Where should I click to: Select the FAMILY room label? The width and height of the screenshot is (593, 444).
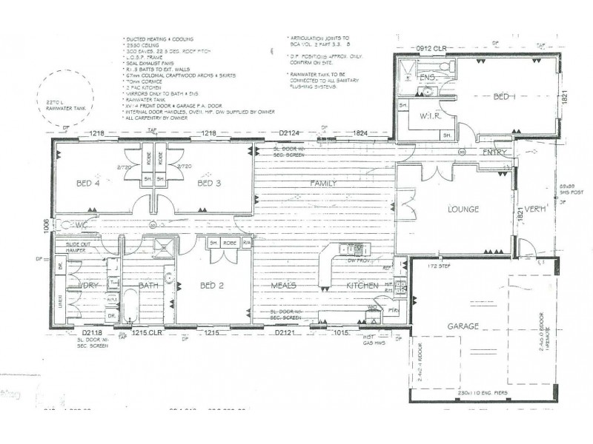[x=325, y=183]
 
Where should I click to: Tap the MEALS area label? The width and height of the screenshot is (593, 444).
[x=283, y=285]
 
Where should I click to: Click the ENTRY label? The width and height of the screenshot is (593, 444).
[x=494, y=152]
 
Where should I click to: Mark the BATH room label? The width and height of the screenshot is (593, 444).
[x=150, y=285]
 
